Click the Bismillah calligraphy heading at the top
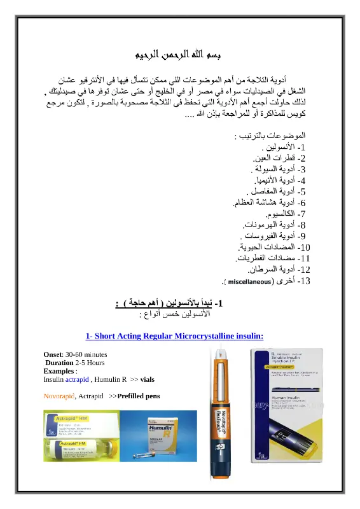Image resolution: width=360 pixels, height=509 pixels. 180,55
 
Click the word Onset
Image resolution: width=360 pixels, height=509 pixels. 53,354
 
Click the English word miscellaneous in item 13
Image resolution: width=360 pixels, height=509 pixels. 250,281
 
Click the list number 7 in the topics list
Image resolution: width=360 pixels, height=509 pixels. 302,213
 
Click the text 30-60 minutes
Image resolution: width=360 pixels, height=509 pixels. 85,354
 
